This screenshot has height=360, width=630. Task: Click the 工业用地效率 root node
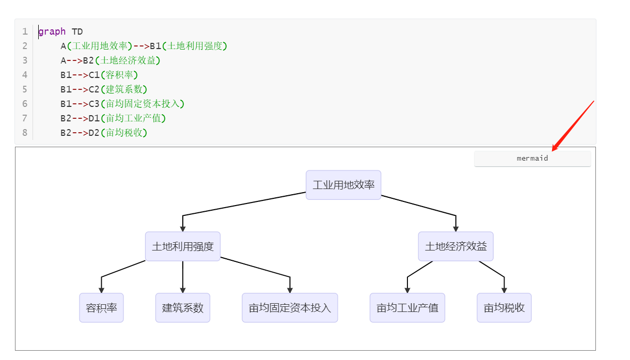click(343, 185)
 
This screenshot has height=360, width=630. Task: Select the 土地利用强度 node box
click(183, 246)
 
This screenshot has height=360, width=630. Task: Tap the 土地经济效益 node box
click(455, 246)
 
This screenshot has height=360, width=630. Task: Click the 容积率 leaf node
click(101, 308)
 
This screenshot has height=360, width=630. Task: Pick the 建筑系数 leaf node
click(183, 308)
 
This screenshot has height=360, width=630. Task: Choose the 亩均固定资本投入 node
click(290, 308)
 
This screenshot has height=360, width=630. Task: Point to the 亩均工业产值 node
click(407, 308)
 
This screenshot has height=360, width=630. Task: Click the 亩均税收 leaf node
click(504, 308)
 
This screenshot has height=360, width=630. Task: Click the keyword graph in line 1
click(52, 32)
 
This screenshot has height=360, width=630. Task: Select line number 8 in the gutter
click(25, 133)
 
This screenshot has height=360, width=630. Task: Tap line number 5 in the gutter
click(25, 89)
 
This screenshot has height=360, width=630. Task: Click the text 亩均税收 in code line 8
click(126, 133)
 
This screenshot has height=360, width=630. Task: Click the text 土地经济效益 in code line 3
click(129, 60)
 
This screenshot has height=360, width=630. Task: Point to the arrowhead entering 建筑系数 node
click(183, 290)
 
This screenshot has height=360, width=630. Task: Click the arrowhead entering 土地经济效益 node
click(455, 228)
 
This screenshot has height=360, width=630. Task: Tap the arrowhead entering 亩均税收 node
click(504, 290)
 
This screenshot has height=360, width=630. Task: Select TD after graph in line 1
click(77, 32)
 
